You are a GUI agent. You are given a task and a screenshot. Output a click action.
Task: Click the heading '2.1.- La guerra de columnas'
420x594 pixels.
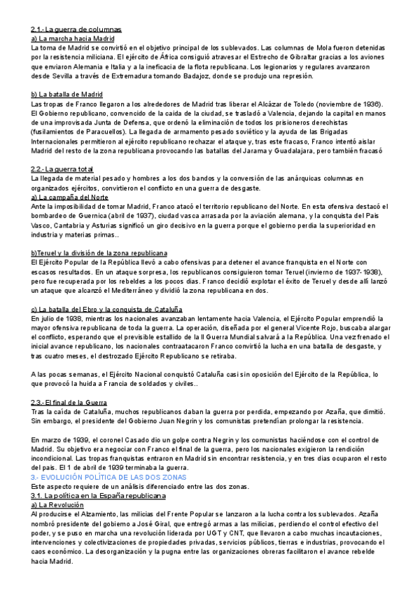click(x=76, y=29)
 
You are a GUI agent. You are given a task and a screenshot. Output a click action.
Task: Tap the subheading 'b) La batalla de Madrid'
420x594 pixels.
click(x=67, y=94)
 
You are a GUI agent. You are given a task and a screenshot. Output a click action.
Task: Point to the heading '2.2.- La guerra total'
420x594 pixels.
click(x=62, y=168)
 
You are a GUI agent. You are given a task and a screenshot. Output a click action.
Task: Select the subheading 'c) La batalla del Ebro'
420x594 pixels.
click(x=106, y=308)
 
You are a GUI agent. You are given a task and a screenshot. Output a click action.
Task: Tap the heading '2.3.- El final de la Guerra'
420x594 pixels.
click(x=69, y=402)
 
